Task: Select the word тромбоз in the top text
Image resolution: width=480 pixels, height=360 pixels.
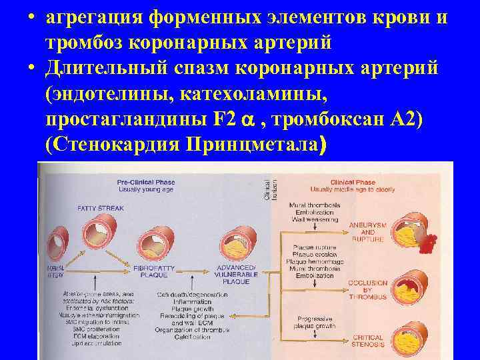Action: pos(79,41)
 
